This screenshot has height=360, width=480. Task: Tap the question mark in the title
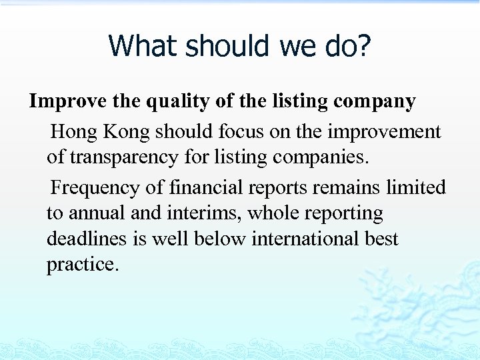pyautogui.click(x=363, y=47)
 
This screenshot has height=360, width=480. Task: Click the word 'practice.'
pyautogui.click(x=83, y=264)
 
